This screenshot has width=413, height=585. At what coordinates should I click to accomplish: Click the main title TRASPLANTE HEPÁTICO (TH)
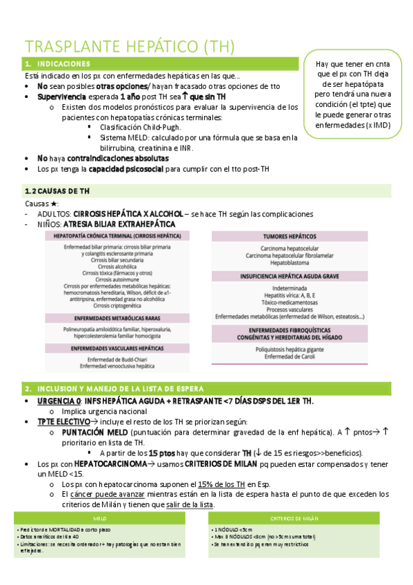tap(130, 46)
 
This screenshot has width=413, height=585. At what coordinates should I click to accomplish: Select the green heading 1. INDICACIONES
tap(60, 64)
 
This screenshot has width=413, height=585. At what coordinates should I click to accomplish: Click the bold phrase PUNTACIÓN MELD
tap(94, 432)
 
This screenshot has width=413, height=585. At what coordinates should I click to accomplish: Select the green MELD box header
tap(100, 517)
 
